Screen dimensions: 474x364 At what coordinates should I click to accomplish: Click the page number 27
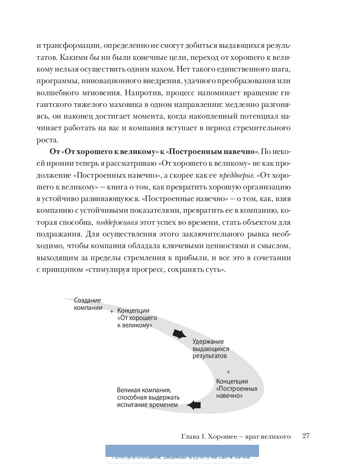click(306, 436)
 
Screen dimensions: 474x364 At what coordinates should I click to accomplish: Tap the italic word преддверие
click(236, 176)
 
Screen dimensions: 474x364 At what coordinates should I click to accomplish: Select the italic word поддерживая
click(117, 223)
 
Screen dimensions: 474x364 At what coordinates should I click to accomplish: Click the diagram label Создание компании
click(88, 304)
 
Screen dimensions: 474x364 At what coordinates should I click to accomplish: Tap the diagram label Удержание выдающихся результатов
click(210, 349)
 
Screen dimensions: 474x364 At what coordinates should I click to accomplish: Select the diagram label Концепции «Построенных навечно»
click(236, 389)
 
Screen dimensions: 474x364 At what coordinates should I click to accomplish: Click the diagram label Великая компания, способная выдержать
click(148, 397)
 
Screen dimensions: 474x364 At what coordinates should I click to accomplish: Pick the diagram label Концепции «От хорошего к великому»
click(137, 318)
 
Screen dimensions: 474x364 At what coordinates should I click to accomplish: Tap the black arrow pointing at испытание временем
click(194, 405)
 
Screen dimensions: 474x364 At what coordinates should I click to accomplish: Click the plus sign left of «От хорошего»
click(112, 312)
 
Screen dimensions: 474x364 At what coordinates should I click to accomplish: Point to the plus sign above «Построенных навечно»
click(228, 372)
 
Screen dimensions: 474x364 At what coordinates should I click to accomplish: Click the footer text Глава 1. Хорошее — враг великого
click(236, 436)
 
